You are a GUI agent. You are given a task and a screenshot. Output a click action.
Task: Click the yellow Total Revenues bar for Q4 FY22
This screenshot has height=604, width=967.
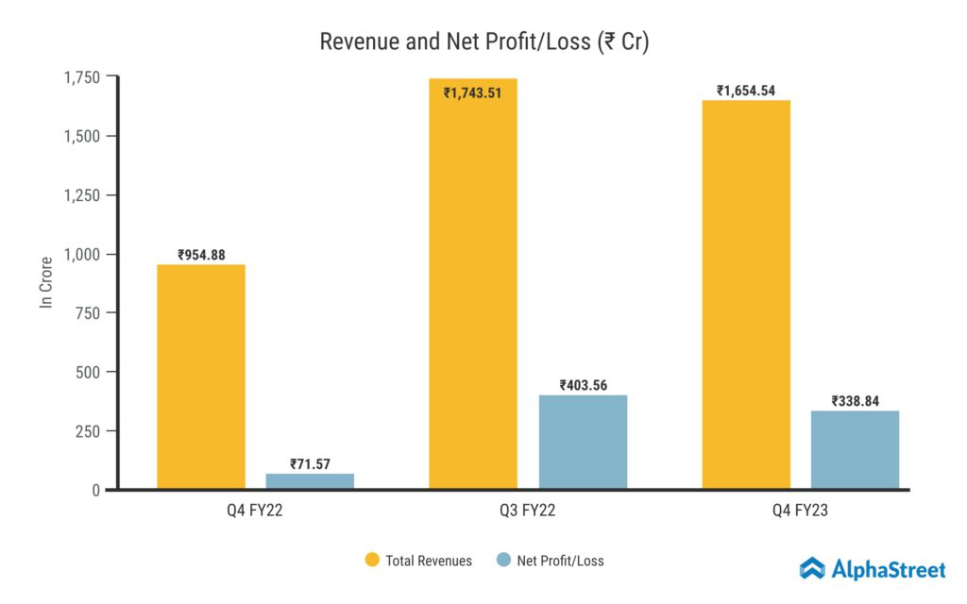tap(201, 377)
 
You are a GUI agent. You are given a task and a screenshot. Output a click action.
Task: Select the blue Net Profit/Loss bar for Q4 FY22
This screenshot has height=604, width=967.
tap(310, 481)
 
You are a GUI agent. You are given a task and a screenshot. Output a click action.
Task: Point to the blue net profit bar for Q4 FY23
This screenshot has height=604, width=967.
tap(855, 450)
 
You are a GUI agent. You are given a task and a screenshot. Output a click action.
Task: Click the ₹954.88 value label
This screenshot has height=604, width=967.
tap(201, 255)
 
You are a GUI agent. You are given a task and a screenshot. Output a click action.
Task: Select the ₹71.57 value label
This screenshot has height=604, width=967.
tap(310, 464)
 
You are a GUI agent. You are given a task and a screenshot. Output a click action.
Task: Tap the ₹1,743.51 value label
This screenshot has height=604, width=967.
tap(473, 92)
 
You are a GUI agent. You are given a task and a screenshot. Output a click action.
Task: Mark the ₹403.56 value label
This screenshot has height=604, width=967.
tap(583, 385)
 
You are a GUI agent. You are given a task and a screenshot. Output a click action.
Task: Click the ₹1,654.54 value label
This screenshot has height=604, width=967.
tap(746, 91)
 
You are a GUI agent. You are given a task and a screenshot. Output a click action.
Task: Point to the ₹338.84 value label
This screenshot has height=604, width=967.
tap(855, 401)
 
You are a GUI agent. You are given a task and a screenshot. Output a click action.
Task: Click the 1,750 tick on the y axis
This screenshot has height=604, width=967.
tap(82, 77)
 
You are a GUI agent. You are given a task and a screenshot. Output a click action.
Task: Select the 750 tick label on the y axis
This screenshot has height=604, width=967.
tap(91, 313)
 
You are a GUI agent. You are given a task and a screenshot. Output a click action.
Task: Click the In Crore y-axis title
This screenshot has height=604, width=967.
tap(44, 284)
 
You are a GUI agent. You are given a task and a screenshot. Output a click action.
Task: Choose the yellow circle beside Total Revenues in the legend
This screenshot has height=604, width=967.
tap(372, 561)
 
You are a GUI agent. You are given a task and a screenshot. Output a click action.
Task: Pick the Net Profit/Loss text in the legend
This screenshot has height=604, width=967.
tap(560, 561)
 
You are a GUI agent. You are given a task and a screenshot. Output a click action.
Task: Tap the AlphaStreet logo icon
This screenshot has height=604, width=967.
tap(812, 568)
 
